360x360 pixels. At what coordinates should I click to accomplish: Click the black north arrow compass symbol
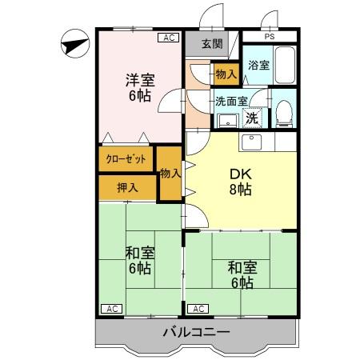(x=74, y=44)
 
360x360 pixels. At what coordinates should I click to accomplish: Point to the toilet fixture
(x=282, y=114)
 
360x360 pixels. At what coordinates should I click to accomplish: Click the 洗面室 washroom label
(x=230, y=102)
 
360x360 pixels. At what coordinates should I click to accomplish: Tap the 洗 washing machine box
(x=252, y=117)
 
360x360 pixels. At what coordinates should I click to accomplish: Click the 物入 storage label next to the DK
(x=170, y=173)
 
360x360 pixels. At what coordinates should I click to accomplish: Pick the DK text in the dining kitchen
(x=242, y=174)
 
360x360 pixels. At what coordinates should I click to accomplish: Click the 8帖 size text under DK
(x=242, y=190)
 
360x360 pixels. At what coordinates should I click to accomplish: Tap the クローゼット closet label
(x=126, y=159)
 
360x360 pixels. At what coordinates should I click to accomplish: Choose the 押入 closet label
(x=127, y=189)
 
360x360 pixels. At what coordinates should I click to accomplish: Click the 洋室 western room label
(x=139, y=79)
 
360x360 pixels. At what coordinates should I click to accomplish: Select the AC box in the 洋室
(x=169, y=37)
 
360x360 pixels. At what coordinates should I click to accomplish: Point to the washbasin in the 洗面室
(x=226, y=121)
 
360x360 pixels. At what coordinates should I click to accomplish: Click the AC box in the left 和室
(x=111, y=308)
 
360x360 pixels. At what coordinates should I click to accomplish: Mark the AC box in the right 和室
(x=198, y=308)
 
